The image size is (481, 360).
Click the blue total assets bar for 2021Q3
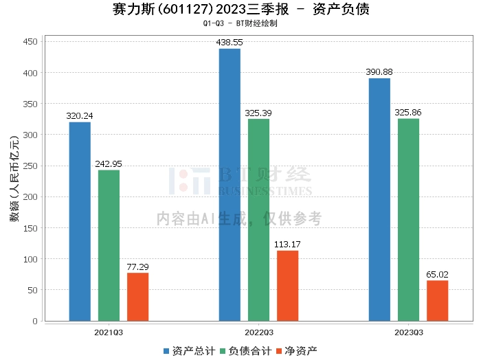[80, 221]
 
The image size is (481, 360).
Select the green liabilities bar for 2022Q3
[258, 220]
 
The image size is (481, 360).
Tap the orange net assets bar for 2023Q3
[437, 300]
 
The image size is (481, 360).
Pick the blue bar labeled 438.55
[230, 185]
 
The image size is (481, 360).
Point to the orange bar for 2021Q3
[137, 297]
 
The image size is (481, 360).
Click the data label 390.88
[379, 72]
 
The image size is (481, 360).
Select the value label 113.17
[287, 245]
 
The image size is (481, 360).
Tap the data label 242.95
[109, 164]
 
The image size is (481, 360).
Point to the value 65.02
[437, 274]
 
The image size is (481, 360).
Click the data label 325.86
[408, 113]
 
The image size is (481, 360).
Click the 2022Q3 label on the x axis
[259, 333]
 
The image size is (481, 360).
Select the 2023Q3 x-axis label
[409, 333]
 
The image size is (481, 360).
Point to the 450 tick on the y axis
[30, 41]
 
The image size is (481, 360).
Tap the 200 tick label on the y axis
[30, 197]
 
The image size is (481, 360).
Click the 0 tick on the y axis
[35, 321]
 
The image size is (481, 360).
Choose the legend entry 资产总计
[190, 351]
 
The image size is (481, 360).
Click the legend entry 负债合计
[246, 351]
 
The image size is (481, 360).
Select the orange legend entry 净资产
[297, 351]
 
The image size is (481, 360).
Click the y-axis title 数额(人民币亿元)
[14, 179]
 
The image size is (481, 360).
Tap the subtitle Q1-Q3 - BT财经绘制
[240, 23]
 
